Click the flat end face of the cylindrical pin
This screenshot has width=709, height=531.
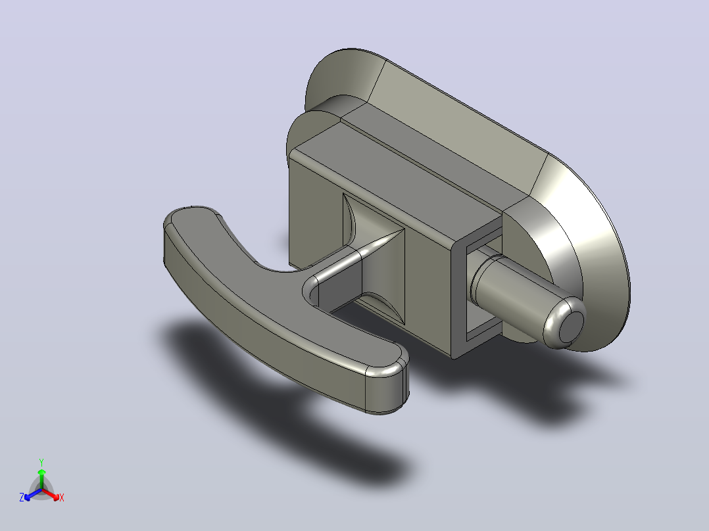click(x=571, y=327)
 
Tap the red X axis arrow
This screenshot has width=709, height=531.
click(x=51, y=494)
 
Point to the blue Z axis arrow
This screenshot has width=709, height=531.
click(x=33, y=494)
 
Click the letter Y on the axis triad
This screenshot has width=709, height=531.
click(x=41, y=462)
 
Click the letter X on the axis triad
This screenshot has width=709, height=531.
click(x=62, y=497)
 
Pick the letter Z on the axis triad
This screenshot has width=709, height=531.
click(x=21, y=497)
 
